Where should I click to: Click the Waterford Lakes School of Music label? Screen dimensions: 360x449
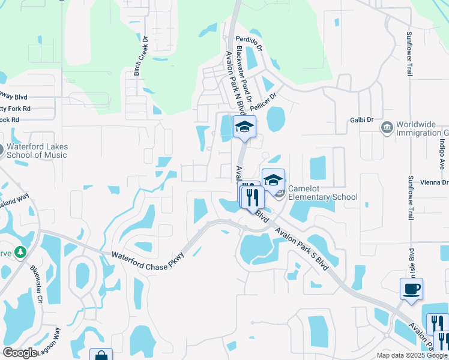pyautogui.click(x=37, y=151)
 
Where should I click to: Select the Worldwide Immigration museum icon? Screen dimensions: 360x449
pyautogui.click(x=387, y=127)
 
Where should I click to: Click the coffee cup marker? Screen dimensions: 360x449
pyautogui.click(x=412, y=289)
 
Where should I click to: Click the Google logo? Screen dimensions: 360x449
pyautogui.click(x=20, y=353)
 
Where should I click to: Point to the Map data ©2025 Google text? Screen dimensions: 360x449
pyautogui.click(x=412, y=355)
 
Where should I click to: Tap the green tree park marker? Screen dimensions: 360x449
pyautogui.click(x=21, y=253)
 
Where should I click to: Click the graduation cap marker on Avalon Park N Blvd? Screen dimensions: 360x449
pyautogui.click(x=244, y=127)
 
